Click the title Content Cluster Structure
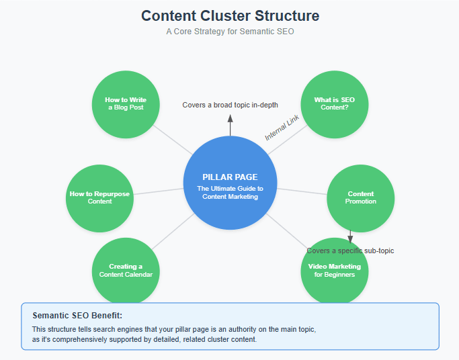pos(230,15)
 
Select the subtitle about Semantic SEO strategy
pos(230,32)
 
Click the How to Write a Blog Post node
pos(125,104)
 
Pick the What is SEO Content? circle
pos(334,104)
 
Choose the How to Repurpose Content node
pos(99,197)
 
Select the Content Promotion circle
pos(360,197)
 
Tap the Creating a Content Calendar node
pos(125,270)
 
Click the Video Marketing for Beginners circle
pos(334,270)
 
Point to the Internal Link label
pos(281,127)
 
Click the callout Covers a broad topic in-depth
pos(230,105)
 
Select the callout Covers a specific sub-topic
pos(350,251)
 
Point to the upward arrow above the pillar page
pos(230,124)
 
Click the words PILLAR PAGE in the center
pos(230,177)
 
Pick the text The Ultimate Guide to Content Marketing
pos(230,193)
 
